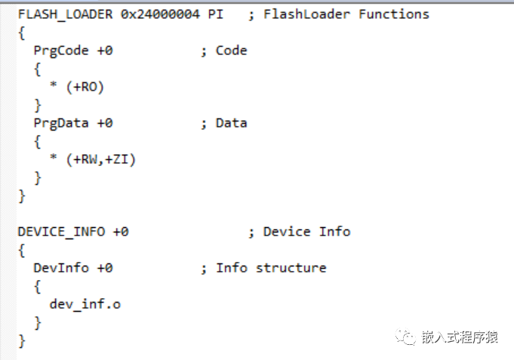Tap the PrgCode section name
coord(61,51)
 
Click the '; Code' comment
coord(223,51)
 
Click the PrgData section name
coord(61,123)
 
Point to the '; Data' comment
coord(223,123)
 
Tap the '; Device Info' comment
coord(299,232)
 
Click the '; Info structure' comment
coord(263,268)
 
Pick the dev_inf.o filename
coord(85,304)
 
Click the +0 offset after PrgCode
coord(105,51)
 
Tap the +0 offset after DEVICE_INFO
coord(121,232)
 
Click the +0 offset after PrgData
coord(105,123)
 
